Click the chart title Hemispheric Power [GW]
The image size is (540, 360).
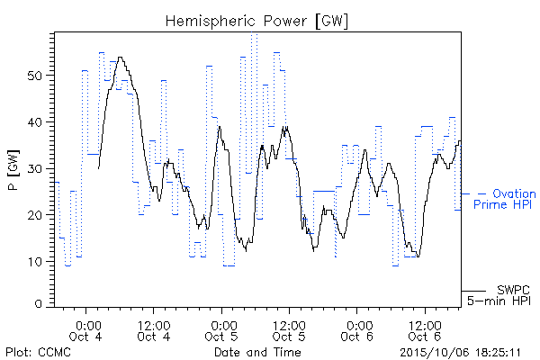(x=256, y=21)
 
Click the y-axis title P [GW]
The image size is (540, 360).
(x=13, y=170)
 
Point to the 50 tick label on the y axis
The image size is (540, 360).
(x=35, y=76)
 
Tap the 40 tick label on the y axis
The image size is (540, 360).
(x=35, y=122)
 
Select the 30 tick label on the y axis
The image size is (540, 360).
(x=35, y=168)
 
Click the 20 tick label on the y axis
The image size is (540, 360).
(x=35, y=215)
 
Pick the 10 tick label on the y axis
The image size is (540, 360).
(x=35, y=262)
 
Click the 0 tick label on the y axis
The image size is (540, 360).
(x=39, y=304)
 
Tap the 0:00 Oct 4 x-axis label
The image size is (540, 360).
(x=85, y=330)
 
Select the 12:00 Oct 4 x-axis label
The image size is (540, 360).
(x=154, y=330)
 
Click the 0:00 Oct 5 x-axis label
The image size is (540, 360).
(x=221, y=330)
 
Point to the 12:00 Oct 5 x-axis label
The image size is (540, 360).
(x=289, y=330)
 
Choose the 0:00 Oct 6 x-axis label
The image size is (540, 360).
(x=357, y=330)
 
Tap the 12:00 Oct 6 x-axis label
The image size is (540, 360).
(x=425, y=330)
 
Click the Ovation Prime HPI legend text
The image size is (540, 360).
(x=505, y=199)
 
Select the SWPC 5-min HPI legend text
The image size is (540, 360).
(x=499, y=295)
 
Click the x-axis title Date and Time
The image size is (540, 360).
(x=257, y=352)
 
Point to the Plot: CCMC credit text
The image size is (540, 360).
(x=38, y=352)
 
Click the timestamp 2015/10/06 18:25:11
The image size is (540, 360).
(x=461, y=353)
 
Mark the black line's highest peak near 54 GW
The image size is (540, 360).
(x=121, y=58)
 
